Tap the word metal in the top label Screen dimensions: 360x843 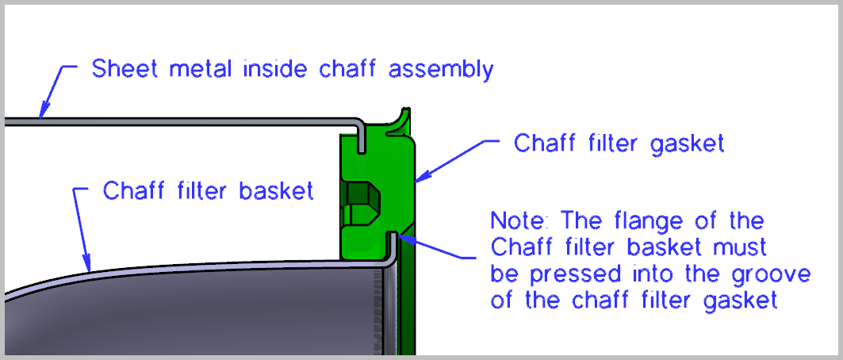tap(191, 69)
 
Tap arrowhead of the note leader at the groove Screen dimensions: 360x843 tap(403, 232)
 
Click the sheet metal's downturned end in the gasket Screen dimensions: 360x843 tap(362, 141)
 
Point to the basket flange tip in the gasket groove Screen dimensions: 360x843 tap(391, 239)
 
